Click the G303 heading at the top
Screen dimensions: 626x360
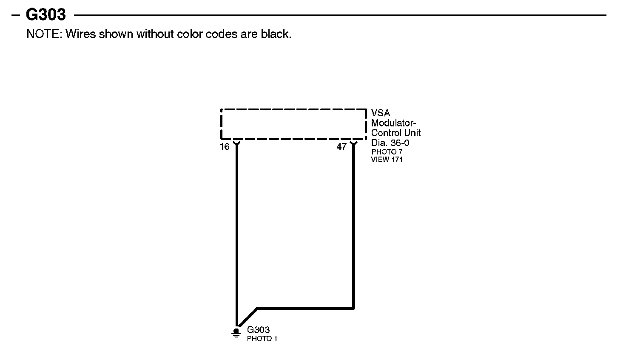pos(46,15)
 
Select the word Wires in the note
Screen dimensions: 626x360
pos(80,34)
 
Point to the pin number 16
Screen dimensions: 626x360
pos(225,147)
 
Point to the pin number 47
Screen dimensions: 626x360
pos(341,147)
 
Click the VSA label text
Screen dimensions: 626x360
pos(381,113)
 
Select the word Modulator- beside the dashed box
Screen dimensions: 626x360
pos(393,123)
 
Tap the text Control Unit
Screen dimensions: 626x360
pos(396,133)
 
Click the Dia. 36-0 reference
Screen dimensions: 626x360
pos(390,143)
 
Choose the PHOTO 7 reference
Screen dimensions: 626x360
pos(387,151)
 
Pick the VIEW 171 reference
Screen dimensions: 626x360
pos(387,160)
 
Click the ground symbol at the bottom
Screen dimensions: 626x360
pos(236,332)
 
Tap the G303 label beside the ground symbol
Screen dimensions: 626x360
pos(258,330)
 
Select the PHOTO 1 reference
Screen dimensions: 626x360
pos(262,339)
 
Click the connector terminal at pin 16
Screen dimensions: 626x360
pos(236,143)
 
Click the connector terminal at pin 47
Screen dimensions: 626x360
pos(353,143)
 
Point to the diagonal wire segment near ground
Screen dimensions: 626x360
pos(247,317)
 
